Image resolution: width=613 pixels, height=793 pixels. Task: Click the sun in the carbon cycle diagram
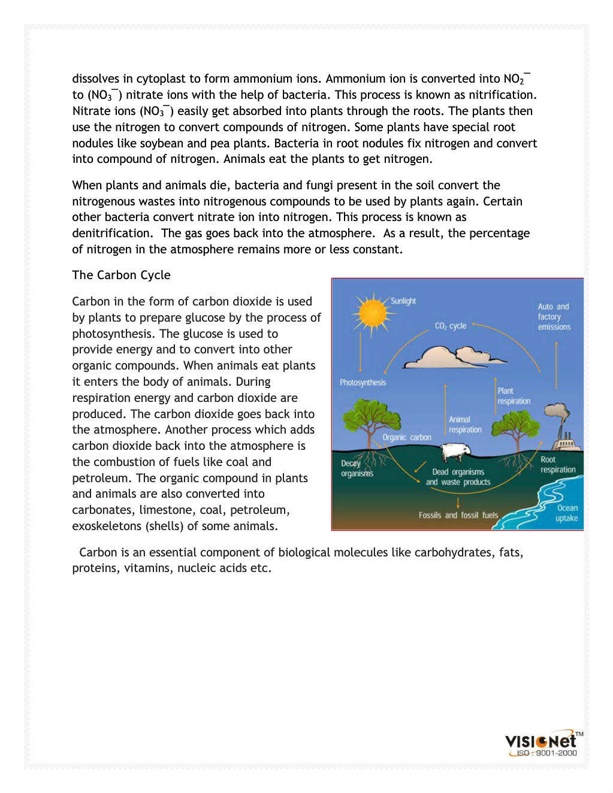tap(373, 312)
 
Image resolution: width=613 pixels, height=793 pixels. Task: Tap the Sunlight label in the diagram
tap(403, 301)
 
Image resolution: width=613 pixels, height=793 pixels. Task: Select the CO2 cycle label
tap(451, 326)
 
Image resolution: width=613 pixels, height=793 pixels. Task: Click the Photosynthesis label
tap(363, 383)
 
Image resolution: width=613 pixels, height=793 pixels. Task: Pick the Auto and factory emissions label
tap(554, 317)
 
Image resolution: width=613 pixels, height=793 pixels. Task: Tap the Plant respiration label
tap(514, 396)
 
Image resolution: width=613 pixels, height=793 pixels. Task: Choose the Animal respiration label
tap(465, 425)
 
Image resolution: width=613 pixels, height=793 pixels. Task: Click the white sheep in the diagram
tap(456, 452)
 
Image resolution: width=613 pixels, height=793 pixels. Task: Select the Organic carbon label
tap(407, 437)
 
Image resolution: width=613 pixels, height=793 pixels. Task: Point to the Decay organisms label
tap(357, 468)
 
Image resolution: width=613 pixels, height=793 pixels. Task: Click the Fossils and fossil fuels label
tap(458, 515)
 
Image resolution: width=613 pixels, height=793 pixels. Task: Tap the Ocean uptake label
tap(567, 513)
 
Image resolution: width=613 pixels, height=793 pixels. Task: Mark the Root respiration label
tap(558, 465)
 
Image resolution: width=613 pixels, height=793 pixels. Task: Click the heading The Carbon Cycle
tap(121, 275)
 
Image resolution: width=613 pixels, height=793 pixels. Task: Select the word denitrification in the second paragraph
tap(111, 234)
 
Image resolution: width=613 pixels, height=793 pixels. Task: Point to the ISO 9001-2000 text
tap(546, 753)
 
